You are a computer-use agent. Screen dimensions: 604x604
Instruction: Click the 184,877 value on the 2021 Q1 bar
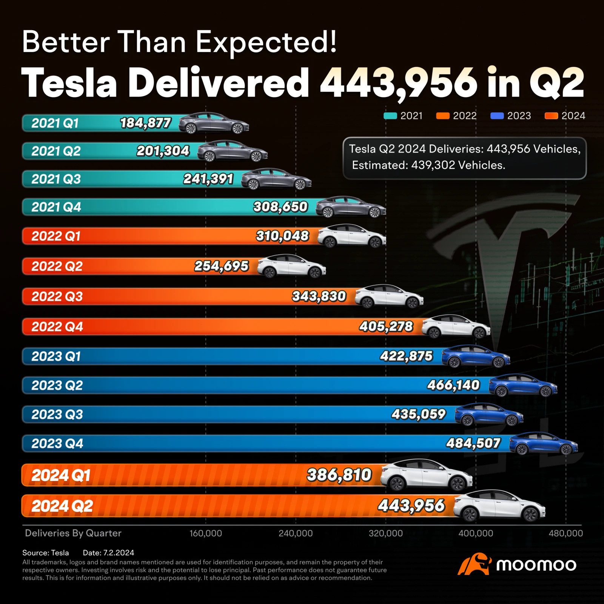145,123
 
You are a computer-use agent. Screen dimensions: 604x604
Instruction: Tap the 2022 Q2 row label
57,267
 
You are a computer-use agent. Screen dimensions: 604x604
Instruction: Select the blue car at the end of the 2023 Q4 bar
543,443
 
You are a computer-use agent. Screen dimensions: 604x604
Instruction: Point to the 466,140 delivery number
453,385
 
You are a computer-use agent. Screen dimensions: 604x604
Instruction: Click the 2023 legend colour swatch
497,116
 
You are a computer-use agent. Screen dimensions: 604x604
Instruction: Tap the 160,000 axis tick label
206,533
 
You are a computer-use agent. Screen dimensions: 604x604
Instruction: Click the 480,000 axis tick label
565,533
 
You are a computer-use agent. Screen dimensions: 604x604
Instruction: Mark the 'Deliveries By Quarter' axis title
73,533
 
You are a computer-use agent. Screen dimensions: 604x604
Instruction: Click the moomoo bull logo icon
474,564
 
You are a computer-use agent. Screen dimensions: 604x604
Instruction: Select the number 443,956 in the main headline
399,83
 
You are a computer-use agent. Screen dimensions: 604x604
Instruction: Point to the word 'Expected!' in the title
266,42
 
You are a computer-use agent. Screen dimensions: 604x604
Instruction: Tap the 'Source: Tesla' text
46,553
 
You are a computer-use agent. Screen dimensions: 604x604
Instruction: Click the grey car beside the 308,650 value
350,207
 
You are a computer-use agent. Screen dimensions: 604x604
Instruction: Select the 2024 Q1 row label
61,475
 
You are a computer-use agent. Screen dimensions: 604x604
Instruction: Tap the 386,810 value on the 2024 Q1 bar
339,475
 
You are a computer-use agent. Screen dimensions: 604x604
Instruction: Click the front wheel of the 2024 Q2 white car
530,514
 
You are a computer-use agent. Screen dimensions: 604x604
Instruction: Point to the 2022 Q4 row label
57,327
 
